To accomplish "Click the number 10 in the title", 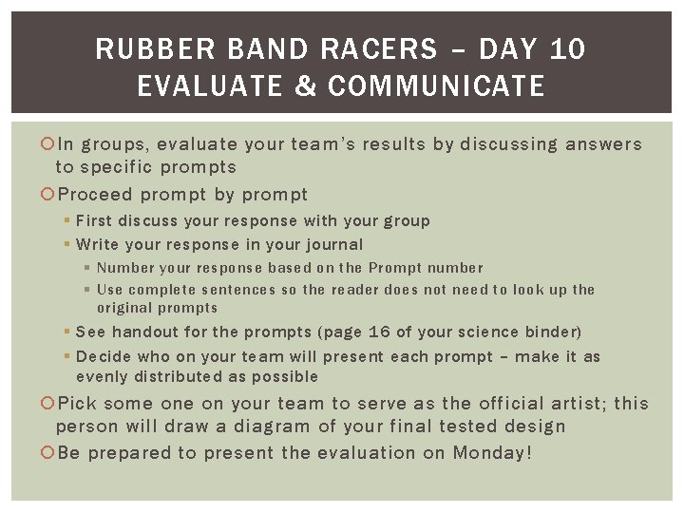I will (x=567, y=49).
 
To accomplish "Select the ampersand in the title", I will (x=305, y=87).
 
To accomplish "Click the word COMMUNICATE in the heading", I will (x=436, y=87).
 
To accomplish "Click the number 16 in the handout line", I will (x=380, y=332).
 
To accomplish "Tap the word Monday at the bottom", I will (x=487, y=453).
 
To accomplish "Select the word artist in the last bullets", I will (x=572, y=404).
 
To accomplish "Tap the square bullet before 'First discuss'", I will (x=68, y=221).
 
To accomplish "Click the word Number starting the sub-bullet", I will (x=126, y=268).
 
